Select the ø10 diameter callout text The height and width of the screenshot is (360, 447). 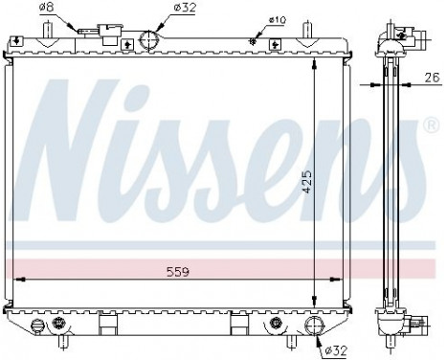pos(277,20)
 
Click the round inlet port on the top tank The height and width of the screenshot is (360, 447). pos(149,41)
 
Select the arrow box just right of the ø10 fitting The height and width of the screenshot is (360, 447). pos(275,43)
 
